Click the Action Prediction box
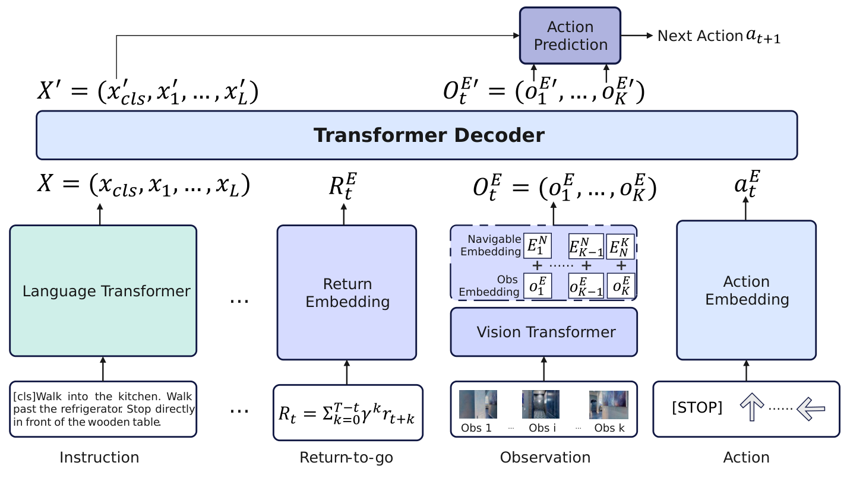pyautogui.click(x=570, y=36)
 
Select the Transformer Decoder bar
pyautogui.click(x=416, y=135)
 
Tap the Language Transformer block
pyautogui.click(x=103, y=291)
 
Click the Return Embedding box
pyautogui.click(x=347, y=292)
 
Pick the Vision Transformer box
pyautogui.click(x=543, y=332)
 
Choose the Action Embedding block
pyautogui.click(x=746, y=290)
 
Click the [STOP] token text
pyautogui.click(x=697, y=408)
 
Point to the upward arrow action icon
pyautogui.click(x=751, y=409)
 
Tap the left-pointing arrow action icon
pyautogui.click(x=811, y=409)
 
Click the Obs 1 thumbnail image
pyautogui.click(x=478, y=404)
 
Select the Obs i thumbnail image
pyautogui.click(x=541, y=404)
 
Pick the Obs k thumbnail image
pyautogui.click(x=608, y=404)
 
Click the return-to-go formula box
pyautogui.click(x=347, y=413)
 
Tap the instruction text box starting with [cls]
pyautogui.click(x=103, y=409)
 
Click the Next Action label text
pyautogui.click(x=700, y=36)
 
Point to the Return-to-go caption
pyautogui.click(x=346, y=457)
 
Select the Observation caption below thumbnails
pyautogui.click(x=545, y=457)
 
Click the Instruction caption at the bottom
pyautogui.click(x=99, y=457)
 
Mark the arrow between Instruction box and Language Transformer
pyautogui.click(x=103, y=369)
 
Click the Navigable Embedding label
pyautogui.click(x=494, y=245)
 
